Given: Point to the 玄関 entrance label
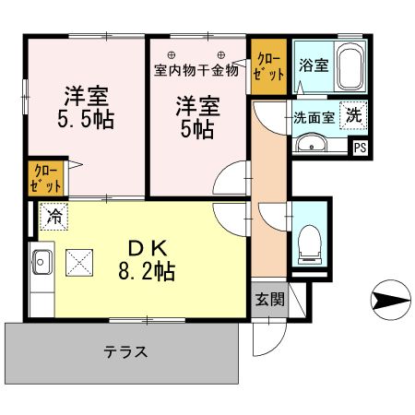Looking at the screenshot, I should (268, 301).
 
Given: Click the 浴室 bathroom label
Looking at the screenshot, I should (313, 65).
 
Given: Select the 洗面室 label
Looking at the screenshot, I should (312, 117).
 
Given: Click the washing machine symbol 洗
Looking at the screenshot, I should (353, 116).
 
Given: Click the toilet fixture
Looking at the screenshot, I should (307, 243).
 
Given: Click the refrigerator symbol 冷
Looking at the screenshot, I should (53, 218).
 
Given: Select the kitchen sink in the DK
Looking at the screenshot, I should (41, 262).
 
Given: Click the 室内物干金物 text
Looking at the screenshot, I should (196, 69).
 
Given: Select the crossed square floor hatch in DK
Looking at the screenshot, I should (82, 263).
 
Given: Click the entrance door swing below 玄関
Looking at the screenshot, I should (267, 340).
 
